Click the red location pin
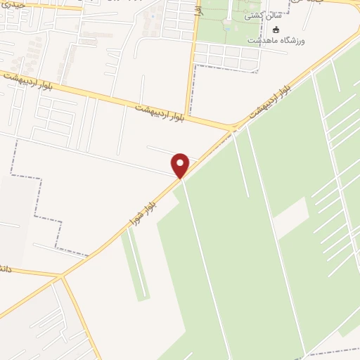pyautogui.click(x=181, y=166)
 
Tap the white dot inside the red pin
pyautogui.click(x=181, y=163)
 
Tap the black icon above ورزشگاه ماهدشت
pyautogui.click(x=276, y=30)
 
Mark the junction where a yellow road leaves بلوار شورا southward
pyautogui.click(x=63, y=276)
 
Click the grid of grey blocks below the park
pyautogui.click(x=225, y=56)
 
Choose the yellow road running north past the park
pyautogui.click(x=190, y=70)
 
